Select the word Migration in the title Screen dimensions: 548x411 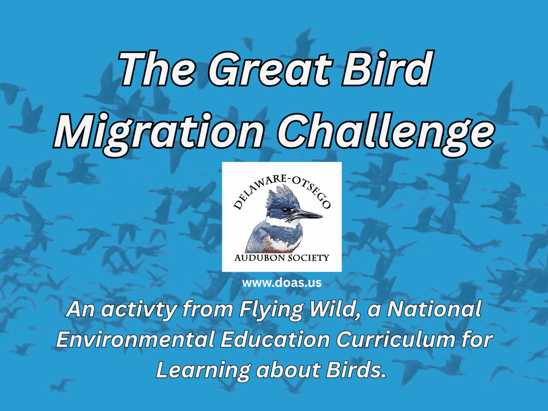(x=158, y=134)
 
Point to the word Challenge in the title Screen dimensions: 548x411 (x=386, y=133)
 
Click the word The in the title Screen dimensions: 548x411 (x=157, y=68)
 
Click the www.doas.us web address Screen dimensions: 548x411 (x=282, y=283)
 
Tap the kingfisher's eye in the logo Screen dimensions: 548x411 (x=285, y=211)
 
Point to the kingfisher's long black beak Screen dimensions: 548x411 (x=308, y=214)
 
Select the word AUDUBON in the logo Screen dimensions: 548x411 (x=260, y=258)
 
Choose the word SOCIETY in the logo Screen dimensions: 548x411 (x=309, y=258)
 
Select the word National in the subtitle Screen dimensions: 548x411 (x=434, y=309)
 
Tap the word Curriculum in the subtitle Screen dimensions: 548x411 (x=395, y=339)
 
